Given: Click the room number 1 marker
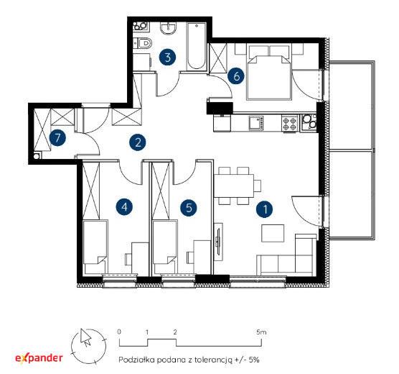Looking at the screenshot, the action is click(x=265, y=209).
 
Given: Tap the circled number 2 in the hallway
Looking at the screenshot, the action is click(x=137, y=142).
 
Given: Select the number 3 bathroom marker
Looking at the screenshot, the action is click(x=168, y=57).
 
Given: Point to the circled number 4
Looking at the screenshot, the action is click(x=124, y=206).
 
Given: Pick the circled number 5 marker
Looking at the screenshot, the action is click(x=189, y=207).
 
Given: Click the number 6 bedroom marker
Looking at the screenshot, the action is click(x=236, y=76).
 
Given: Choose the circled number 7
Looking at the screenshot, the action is click(x=57, y=138).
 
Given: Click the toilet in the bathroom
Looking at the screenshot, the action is click(x=143, y=43).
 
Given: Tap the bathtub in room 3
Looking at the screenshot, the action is click(x=196, y=46).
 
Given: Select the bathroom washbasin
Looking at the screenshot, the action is click(x=168, y=28).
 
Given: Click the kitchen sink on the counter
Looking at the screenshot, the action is click(x=256, y=123).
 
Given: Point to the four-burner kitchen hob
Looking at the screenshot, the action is click(x=290, y=123).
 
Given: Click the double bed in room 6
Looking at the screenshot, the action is click(x=269, y=73).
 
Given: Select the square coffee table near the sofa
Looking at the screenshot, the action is click(x=273, y=233).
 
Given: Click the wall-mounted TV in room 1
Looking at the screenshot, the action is click(x=218, y=242).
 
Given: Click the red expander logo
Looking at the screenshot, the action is click(x=39, y=358).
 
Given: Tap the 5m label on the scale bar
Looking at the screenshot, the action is click(x=261, y=332).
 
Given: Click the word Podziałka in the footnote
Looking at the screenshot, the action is click(x=136, y=360).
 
